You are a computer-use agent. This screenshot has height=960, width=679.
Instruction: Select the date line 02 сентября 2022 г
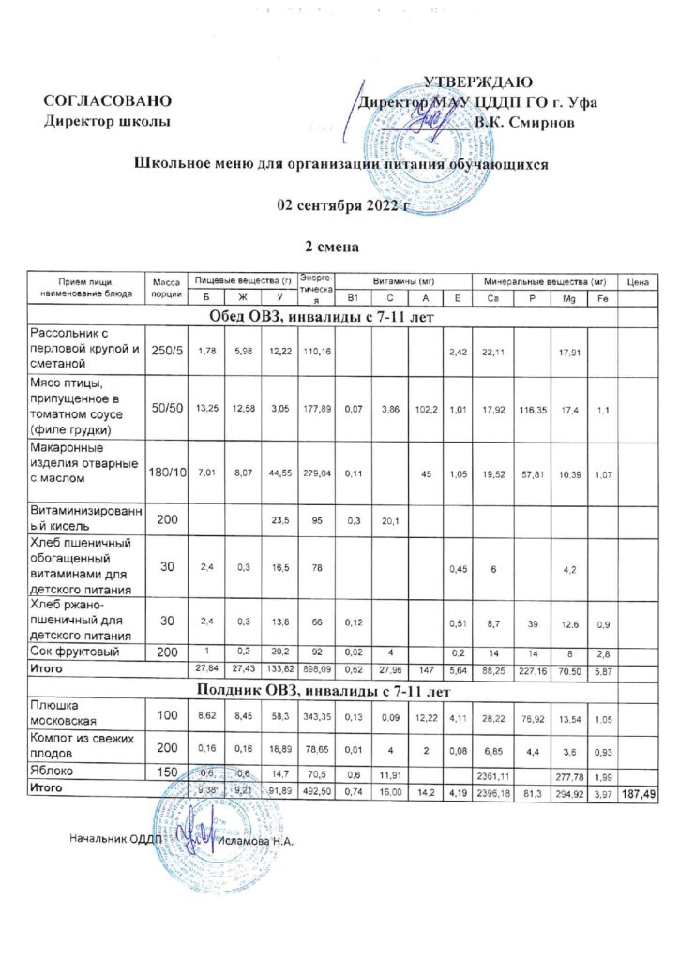pyautogui.click(x=339, y=205)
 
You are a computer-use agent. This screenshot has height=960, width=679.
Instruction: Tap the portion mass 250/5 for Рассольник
pyautogui.click(x=160, y=351)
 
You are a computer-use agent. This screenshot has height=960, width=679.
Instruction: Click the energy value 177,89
pyautogui.click(x=314, y=409)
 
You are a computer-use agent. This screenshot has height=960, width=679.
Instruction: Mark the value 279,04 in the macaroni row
pyautogui.click(x=314, y=474)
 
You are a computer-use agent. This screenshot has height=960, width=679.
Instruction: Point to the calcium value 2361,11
pyautogui.click(x=493, y=774)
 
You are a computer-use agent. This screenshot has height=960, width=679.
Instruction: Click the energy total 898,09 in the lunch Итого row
pyautogui.click(x=314, y=669)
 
